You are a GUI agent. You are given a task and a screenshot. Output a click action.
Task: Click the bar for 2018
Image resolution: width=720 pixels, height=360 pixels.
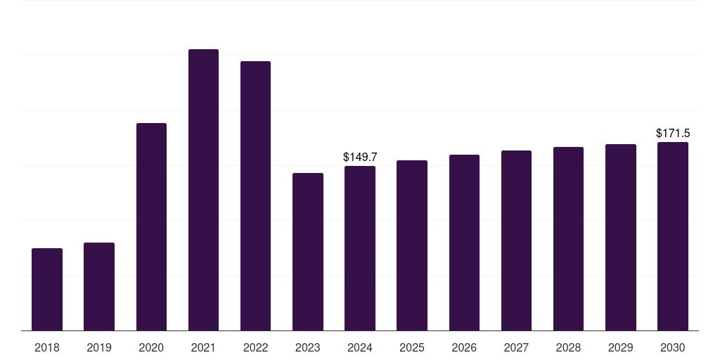coord(47,289)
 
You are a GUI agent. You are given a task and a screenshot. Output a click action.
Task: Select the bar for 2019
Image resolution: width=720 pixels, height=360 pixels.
coord(99,286)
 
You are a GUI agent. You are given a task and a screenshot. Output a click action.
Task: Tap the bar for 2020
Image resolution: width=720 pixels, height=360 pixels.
coord(151,226)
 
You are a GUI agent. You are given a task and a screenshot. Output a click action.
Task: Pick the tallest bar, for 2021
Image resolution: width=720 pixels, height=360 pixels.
coord(203,190)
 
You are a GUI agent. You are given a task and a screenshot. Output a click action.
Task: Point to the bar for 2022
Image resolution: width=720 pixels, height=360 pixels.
coord(255,195)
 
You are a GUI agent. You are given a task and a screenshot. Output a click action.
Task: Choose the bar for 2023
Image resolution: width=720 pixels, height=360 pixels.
coord(308,252)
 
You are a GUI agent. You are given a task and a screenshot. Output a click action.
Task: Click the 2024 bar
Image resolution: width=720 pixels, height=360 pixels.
coord(360,248)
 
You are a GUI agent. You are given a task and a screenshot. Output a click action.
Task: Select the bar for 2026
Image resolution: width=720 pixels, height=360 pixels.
coord(464,243)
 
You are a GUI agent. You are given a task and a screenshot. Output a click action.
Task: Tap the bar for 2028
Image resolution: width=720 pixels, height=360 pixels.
coord(568,238)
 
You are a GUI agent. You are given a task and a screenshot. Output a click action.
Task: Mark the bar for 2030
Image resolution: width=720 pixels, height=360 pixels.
coord(673,236)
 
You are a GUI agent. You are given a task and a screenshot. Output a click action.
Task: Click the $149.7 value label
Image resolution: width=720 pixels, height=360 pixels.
coord(360,157)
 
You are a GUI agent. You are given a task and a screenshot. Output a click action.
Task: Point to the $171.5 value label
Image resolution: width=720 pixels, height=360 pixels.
coord(673,133)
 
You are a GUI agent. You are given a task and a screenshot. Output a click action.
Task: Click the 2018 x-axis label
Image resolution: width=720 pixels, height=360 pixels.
coord(47,347)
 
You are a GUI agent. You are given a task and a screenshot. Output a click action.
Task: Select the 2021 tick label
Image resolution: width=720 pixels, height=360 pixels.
coord(203,347)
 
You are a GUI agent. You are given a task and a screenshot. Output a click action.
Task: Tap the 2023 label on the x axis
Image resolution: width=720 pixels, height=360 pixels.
coord(308,347)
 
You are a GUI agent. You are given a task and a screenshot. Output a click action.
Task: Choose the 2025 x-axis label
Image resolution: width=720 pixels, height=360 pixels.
coord(412,347)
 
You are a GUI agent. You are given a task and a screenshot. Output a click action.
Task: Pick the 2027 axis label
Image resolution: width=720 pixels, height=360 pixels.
coord(516,347)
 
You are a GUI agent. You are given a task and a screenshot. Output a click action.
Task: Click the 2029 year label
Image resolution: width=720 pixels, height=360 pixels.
coord(621,347)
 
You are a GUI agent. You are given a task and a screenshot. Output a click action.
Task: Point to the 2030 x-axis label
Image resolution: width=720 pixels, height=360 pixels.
coord(673,347)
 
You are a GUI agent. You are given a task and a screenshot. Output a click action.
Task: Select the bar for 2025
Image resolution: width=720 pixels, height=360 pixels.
coord(412,245)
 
